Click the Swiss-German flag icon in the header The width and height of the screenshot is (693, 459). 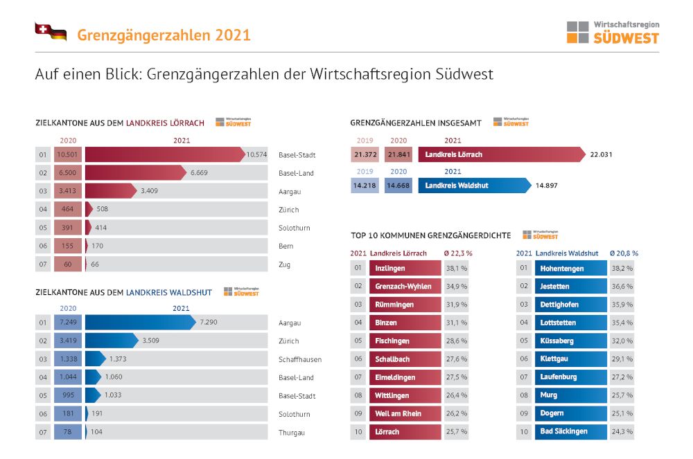pos(51,31)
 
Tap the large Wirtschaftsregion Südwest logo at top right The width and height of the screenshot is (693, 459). pos(613,32)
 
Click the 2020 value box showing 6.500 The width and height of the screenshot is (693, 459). pos(68,172)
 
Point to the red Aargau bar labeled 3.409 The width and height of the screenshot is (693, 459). pos(111,190)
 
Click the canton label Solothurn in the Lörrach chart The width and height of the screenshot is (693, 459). pos(294,228)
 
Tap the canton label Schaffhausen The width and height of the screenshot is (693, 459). pos(299,359)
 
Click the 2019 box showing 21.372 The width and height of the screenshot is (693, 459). pos(365,154)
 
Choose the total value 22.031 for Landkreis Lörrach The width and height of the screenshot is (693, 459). pos(601,154)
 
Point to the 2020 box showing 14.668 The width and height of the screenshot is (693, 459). pos(398,186)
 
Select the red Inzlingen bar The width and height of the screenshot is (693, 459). pos(405,268)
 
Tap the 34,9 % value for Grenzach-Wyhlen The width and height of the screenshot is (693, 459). pos(455,286)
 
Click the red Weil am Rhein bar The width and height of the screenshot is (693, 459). pos(405,413)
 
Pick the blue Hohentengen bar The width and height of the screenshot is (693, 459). pos(570,268)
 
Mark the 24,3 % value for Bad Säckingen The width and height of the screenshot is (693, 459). pos(621,431)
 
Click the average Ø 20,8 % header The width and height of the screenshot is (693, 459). pos(624,253)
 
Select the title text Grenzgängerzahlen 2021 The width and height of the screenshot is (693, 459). pos(164,35)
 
